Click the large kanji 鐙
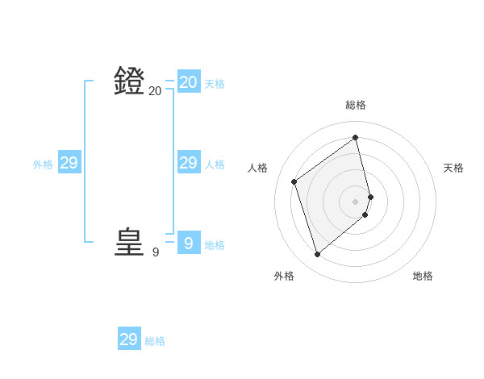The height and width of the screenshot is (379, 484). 130,81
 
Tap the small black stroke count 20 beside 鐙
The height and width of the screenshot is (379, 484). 155,91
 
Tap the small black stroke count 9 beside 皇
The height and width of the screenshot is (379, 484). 156,252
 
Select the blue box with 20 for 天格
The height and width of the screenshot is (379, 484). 189,82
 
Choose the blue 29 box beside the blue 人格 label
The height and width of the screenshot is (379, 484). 189,163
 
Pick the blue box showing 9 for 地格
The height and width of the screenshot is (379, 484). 188,243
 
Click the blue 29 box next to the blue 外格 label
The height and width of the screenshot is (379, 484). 69,163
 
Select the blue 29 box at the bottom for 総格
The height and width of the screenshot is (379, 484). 129,339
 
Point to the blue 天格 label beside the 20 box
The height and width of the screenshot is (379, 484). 215,84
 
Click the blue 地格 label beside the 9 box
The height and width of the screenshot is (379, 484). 215,245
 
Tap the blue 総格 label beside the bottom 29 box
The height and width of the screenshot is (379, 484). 155,341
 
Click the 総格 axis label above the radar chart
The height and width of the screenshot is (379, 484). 356,105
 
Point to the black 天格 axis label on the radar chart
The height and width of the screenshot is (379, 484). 453,168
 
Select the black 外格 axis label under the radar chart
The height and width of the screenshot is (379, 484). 284,276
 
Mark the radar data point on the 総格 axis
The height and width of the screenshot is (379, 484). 356,136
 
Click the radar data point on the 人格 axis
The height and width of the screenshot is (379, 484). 294,181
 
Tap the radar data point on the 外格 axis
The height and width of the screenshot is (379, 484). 318,255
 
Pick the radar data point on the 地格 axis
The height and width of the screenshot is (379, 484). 365,214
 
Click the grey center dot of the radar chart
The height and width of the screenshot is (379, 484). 356,201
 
